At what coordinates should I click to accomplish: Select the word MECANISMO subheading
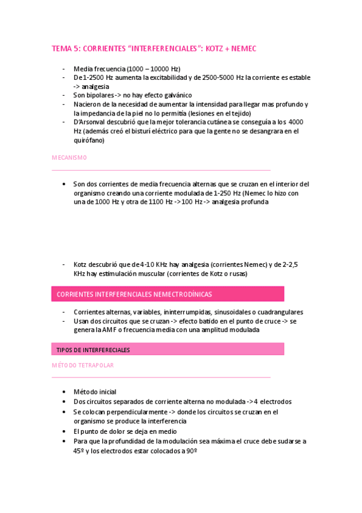click(x=69, y=158)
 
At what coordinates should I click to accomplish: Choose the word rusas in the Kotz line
click(x=236, y=273)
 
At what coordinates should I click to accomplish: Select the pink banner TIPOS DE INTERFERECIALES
click(x=93, y=350)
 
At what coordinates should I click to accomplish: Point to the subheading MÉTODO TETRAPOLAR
click(x=83, y=365)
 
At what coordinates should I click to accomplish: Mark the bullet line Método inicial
click(x=95, y=392)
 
